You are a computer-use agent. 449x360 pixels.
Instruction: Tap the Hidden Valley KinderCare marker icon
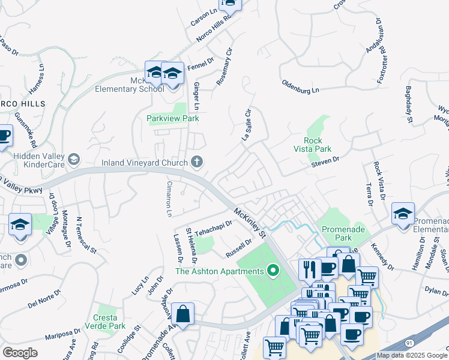click(74, 159)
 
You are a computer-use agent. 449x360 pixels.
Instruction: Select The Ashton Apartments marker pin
click(274, 271)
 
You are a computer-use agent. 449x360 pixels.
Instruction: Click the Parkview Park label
click(173, 118)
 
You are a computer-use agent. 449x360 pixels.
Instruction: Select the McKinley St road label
click(250, 222)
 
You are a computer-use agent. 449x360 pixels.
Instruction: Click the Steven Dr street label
click(325, 161)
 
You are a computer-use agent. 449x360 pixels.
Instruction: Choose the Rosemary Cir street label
click(223, 65)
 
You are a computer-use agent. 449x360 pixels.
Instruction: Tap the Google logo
click(20, 353)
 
